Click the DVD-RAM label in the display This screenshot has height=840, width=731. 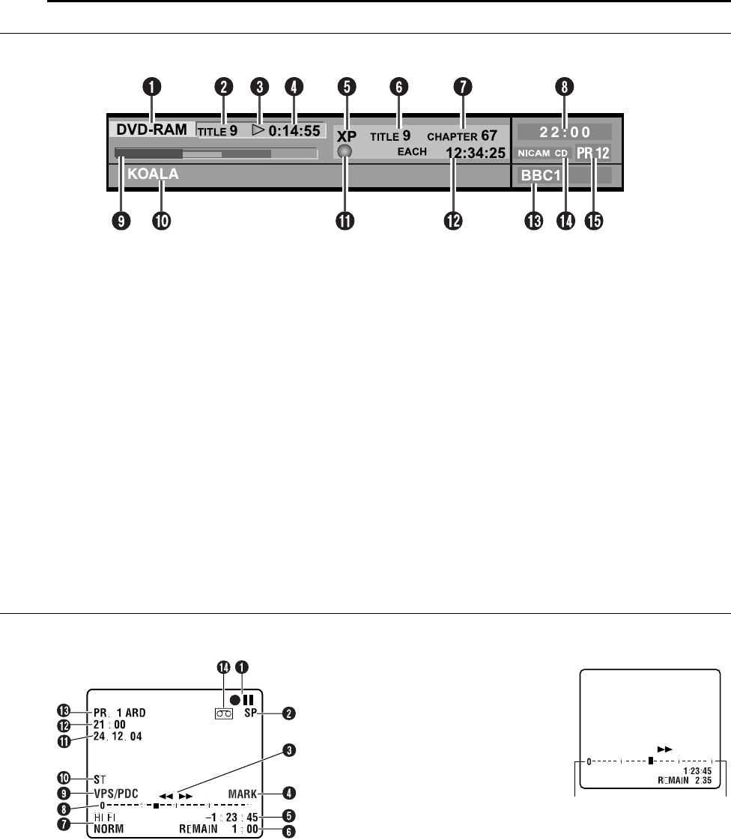(x=151, y=130)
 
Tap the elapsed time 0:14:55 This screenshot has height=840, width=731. (x=295, y=130)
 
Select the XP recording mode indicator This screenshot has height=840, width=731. (x=346, y=137)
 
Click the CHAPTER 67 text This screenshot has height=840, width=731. (x=462, y=137)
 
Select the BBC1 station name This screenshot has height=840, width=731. (x=534, y=177)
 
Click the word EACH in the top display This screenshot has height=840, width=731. (x=412, y=152)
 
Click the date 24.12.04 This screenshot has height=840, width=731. (x=118, y=736)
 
